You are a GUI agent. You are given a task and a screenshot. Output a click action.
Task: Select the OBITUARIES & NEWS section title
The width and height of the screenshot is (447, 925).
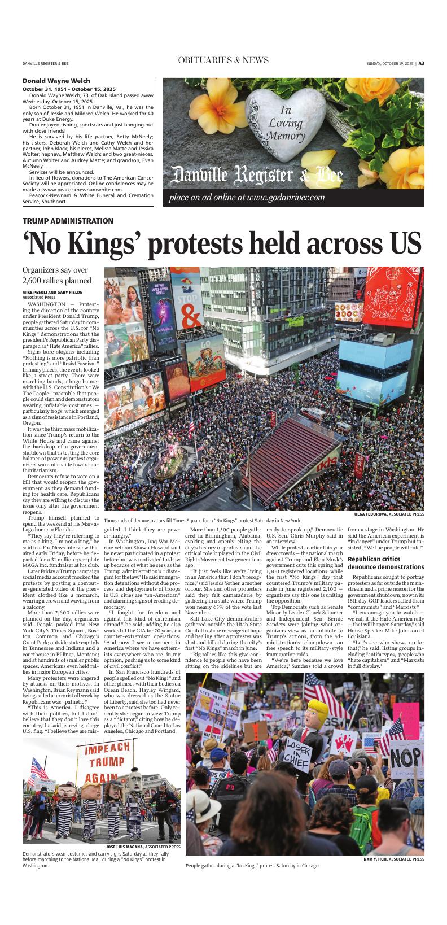point(223,60)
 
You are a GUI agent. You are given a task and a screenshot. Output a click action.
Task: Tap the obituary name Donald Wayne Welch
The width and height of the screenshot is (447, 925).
point(56,81)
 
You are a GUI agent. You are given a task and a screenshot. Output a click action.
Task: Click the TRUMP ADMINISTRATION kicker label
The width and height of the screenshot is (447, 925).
point(68,221)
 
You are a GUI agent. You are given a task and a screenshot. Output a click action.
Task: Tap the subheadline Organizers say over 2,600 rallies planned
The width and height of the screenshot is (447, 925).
point(56,276)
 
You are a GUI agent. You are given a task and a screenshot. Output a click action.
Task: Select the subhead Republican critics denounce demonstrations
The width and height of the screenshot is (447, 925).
point(385,562)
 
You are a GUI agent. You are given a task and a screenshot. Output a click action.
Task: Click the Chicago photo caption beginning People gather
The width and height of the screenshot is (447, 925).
point(252,866)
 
